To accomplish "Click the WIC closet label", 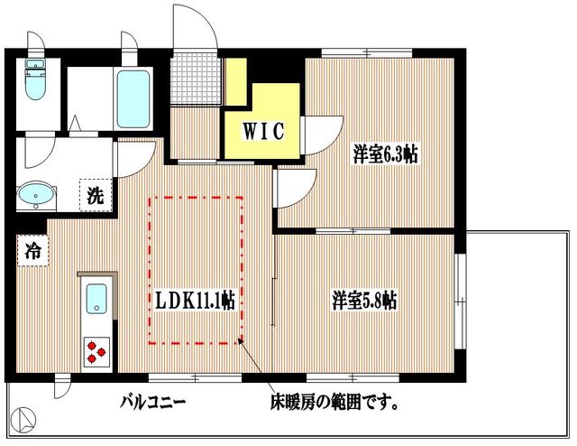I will tap(263, 131).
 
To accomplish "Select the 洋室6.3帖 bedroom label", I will tap(385, 155).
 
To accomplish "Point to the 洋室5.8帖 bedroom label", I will tap(365, 300).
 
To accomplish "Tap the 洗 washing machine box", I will tap(94, 193).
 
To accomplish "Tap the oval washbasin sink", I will tap(37, 194).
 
